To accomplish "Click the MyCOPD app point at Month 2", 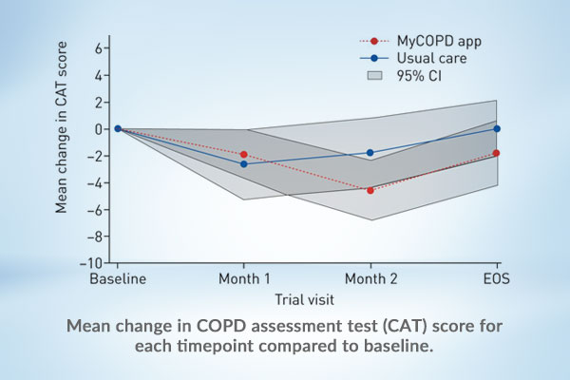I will tap(370, 190).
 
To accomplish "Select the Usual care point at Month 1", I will tap(244, 164).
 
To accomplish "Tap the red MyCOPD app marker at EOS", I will tap(496, 153).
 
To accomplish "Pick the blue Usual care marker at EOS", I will tap(496, 128).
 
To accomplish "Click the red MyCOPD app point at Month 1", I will tap(244, 154).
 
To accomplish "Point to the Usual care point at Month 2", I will tap(370, 152).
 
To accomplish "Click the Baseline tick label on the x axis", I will tap(116, 279).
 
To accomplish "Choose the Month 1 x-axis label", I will tap(243, 279).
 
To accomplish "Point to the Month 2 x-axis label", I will tap(370, 279).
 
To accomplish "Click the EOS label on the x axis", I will tap(495, 279).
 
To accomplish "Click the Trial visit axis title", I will tap(304, 299).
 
